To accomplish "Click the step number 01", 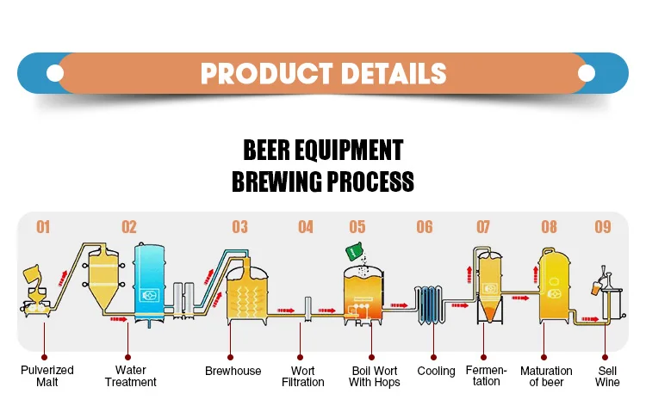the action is pos(43,227).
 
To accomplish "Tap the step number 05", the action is pos(357,227).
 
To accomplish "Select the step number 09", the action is pos(603,227).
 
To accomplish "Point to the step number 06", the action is pos(425,227).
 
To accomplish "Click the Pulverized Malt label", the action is pos(47,376).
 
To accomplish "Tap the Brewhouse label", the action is pos(233,371).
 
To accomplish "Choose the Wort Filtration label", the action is pos(302,376).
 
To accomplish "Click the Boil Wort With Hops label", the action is pos(375,376).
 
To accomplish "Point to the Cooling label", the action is pos(436,371).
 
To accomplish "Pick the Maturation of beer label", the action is pos(546,376).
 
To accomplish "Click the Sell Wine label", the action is pos(607,376).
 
